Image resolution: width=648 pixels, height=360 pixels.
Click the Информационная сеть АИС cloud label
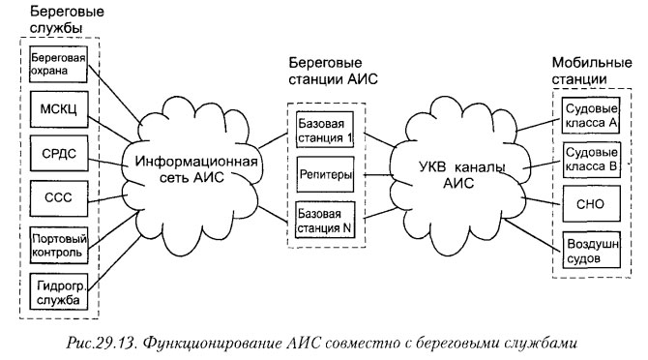(x=195, y=168)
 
